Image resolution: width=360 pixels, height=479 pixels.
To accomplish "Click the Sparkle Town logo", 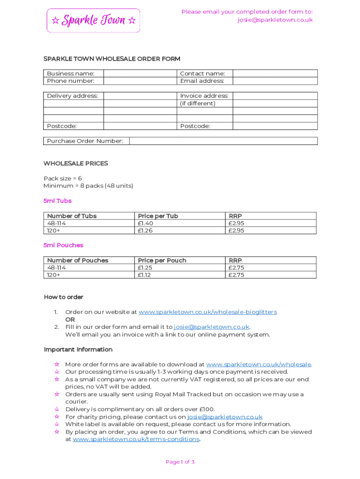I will pos(94,21).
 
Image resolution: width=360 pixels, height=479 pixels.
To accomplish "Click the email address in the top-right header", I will pos(274,20).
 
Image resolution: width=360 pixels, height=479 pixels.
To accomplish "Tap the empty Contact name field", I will pos(275,73).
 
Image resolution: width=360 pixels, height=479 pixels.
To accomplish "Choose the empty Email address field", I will pos(275,81).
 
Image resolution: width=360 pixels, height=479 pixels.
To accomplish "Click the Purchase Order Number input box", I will pos(223,141).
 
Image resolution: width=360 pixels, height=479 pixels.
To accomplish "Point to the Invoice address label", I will pos(204,96).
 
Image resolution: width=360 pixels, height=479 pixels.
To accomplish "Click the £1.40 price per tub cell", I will pos(146,223).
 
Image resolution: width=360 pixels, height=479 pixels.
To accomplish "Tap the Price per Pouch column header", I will pos(162,261).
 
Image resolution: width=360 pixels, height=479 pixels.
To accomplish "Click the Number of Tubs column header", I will pos(72,216).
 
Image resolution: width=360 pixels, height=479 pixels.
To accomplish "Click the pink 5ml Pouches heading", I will pos(64,245).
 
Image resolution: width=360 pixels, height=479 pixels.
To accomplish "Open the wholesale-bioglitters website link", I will pos(208,312).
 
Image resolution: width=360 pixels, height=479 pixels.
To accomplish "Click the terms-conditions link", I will pos(137,439).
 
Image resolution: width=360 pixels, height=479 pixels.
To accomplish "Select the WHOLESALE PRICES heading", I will pos(76,163).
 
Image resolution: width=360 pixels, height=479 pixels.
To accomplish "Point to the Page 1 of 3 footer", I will pos(180,462).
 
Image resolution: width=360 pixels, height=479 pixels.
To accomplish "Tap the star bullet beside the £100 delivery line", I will pos(57,409).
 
